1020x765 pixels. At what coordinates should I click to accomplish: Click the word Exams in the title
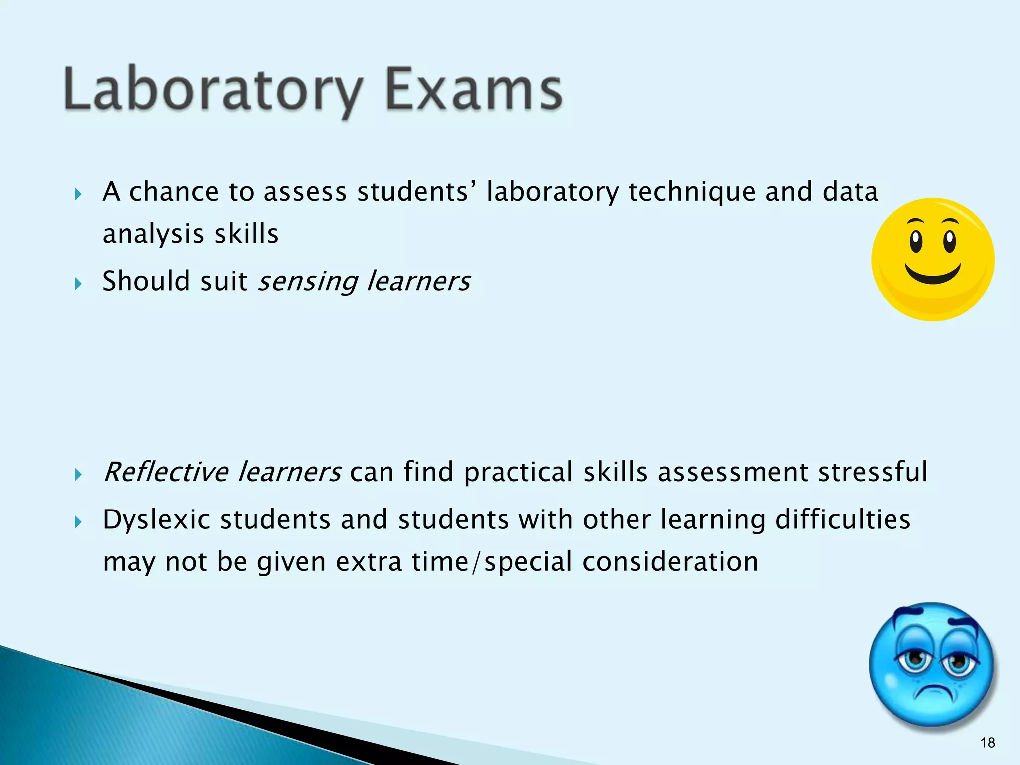coord(473,90)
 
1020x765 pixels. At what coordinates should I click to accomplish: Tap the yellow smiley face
coord(932,259)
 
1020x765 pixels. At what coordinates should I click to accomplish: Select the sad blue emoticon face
coord(930,665)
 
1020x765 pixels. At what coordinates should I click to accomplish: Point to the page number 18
coord(987,743)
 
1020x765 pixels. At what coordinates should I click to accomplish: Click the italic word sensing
coord(308,282)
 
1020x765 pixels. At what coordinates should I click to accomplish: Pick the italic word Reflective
coord(165,472)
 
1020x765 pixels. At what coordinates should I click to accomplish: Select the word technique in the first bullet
coord(692,192)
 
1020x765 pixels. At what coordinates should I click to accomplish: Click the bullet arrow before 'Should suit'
coord(78,284)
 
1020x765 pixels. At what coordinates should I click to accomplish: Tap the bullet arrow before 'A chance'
coord(78,194)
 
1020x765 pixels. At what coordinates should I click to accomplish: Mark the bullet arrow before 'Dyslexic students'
coord(78,522)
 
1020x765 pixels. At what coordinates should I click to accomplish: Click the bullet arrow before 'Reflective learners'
coord(78,475)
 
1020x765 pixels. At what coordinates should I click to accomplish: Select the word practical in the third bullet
coord(518,473)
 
